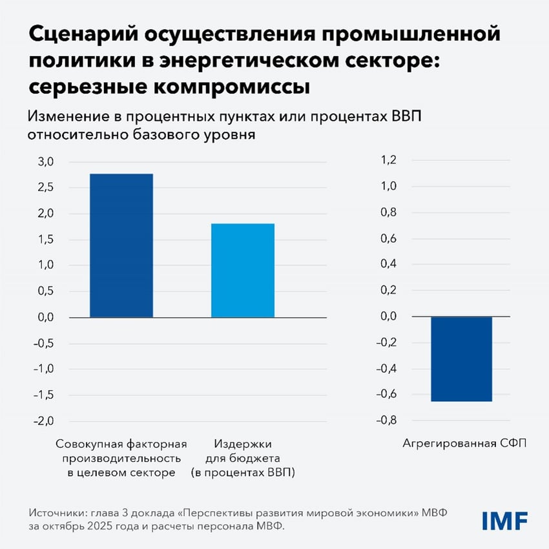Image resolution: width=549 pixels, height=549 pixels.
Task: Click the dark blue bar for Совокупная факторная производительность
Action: (x=121, y=245)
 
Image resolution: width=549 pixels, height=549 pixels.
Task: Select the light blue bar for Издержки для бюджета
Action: (x=242, y=270)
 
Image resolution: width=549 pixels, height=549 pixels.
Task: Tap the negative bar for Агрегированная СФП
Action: (x=461, y=359)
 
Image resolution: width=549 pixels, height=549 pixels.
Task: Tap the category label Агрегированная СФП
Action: (x=465, y=444)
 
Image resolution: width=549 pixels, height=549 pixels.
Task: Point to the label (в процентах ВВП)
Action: (x=243, y=473)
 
